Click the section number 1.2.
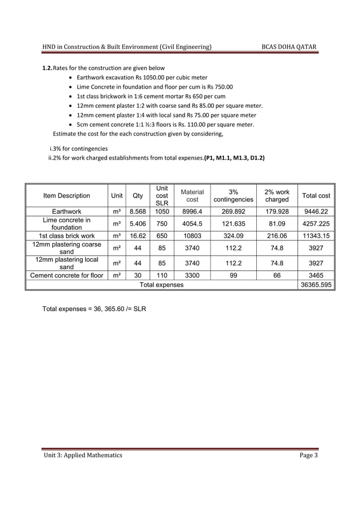coord(44,68)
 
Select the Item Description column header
coord(67,196)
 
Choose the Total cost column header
coord(317,196)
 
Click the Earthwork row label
coord(67,212)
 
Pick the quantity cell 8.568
coord(137,212)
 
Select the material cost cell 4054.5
coord(192,223)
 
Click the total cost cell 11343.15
coord(317,235)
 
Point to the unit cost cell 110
coord(162,276)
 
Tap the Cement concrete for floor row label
coord(67,276)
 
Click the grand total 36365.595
coord(317,285)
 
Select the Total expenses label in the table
coord(161,285)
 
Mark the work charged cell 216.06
coord(276,235)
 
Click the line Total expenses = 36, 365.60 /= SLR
coord(95,309)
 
